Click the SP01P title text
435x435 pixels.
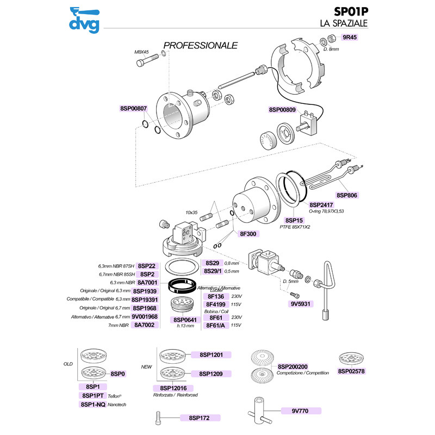pos(350,12)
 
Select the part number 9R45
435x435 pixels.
pos(349,38)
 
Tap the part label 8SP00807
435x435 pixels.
pos(133,109)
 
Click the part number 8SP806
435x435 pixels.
pos(348,195)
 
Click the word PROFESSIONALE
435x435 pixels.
pos(201,45)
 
